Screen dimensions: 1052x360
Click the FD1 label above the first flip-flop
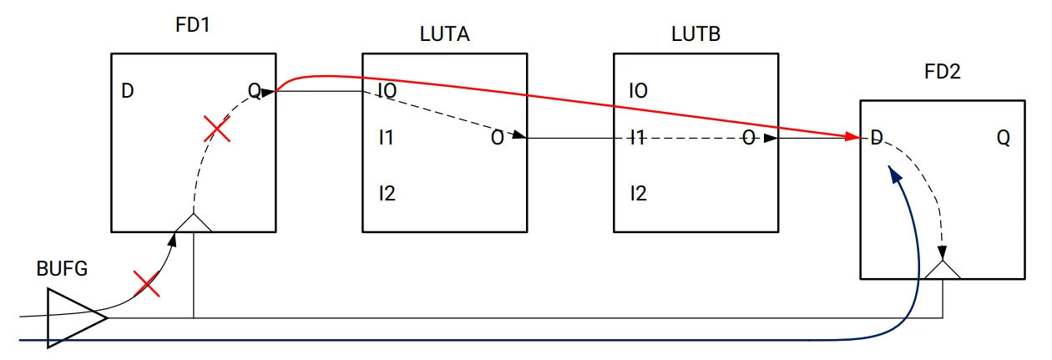193,25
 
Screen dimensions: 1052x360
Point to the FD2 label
943,71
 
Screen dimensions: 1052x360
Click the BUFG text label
62,269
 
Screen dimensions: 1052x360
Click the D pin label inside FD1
128,90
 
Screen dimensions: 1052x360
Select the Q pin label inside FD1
254,90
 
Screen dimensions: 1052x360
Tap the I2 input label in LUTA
386,195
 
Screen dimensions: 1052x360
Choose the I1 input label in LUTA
386,138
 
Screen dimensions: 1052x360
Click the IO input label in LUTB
638,90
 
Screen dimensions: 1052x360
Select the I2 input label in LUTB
638,195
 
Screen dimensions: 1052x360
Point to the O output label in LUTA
497,138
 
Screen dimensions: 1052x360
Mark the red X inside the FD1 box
217,129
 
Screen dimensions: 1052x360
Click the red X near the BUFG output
147,284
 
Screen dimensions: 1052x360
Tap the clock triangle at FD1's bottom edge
193,223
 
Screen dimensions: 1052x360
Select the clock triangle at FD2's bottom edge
943,270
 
